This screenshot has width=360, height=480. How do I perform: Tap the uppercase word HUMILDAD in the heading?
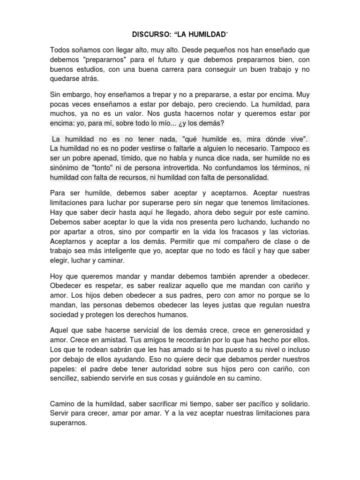(207, 35)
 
